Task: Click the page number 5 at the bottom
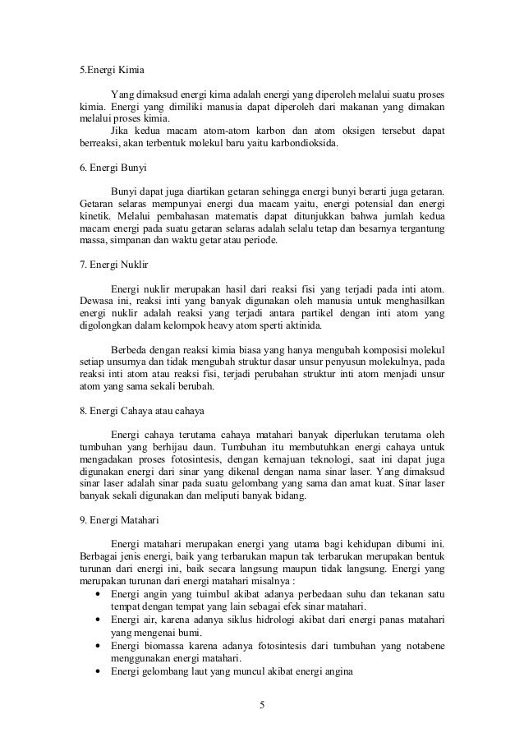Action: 262,705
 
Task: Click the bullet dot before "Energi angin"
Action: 99,594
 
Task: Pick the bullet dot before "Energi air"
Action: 99,620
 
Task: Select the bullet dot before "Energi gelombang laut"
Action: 99,672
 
